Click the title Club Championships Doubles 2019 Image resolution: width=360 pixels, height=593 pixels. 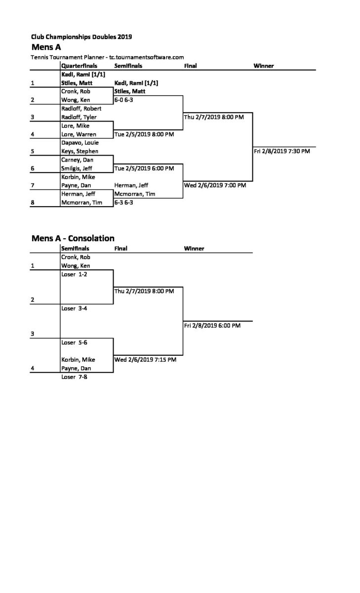(81, 37)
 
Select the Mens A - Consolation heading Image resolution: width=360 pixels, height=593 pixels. (73, 238)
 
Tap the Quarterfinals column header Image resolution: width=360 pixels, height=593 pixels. (79, 66)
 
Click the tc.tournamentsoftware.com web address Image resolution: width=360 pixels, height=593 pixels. (147, 57)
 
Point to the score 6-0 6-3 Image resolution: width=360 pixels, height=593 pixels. (124, 100)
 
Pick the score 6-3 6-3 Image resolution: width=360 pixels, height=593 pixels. (124, 203)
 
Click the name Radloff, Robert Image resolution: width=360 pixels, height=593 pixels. (81, 109)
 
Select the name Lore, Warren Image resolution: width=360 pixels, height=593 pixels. (79, 134)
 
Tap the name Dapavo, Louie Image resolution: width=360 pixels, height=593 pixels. (80, 143)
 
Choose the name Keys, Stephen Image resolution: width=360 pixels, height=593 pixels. (80, 151)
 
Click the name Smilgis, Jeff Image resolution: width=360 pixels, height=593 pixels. (77, 169)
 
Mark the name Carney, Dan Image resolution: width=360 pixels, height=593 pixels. (77, 160)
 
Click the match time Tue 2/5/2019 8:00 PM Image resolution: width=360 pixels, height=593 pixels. (144, 134)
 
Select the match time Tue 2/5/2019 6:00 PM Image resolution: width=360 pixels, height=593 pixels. (144, 169)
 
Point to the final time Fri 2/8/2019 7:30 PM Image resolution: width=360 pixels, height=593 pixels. (281, 151)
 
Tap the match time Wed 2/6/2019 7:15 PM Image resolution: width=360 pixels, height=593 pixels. (145, 360)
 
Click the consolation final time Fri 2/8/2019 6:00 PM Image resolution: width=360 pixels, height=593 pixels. (212, 325)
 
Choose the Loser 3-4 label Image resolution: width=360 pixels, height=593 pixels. (74, 308)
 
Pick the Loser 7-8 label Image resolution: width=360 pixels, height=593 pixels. (74, 377)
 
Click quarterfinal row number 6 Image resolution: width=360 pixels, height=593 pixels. (33, 169)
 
